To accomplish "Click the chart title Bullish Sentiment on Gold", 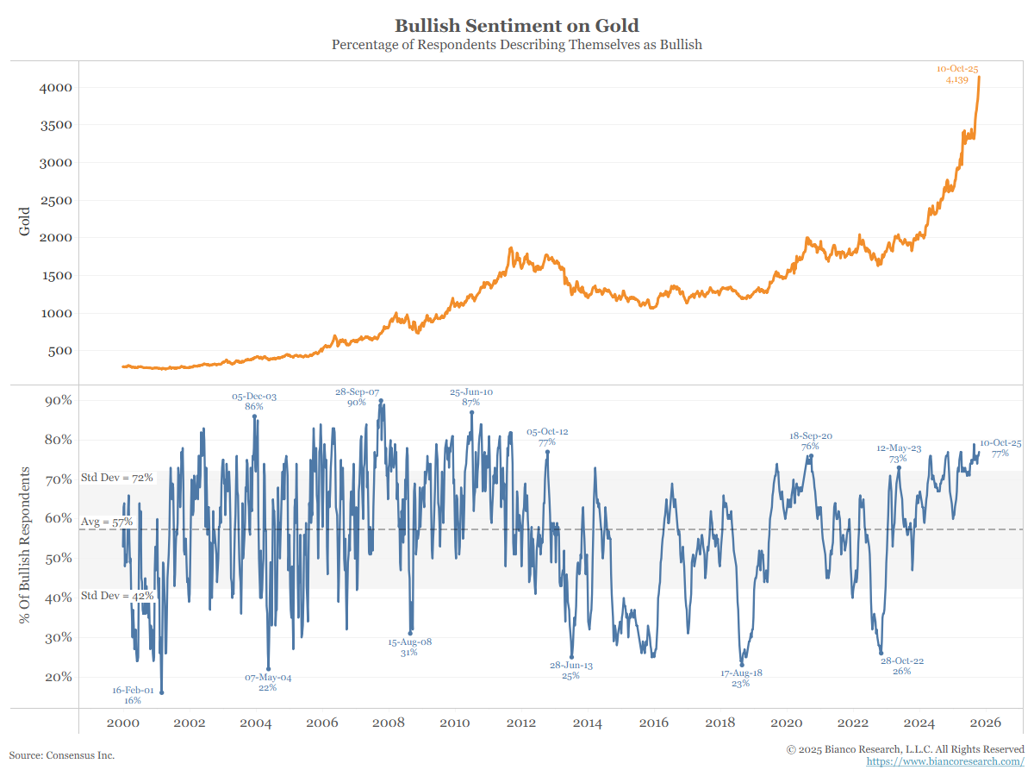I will tap(517, 25).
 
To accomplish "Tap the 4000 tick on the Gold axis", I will tap(56, 88).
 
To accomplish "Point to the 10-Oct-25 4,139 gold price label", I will tap(957, 74).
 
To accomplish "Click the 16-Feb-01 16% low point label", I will tap(133, 696).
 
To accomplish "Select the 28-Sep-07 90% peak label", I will tap(357, 397).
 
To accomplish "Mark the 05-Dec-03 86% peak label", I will tap(254, 402).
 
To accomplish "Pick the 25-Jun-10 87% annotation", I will tap(471, 397).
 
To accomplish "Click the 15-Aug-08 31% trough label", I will tap(409, 648).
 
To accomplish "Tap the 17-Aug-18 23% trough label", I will tap(741, 678).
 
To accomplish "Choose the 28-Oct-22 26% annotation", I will tap(902, 666).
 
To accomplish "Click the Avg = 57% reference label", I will tap(106, 522).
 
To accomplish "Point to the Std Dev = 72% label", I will tap(116, 477).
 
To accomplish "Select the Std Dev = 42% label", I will tap(116, 596).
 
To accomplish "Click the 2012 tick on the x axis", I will tap(521, 723).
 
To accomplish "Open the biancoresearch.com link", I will tap(945, 761).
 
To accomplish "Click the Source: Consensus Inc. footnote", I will tap(61, 755).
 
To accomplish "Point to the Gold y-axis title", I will tap(25, 222).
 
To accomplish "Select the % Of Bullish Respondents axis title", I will tap(25, 546).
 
